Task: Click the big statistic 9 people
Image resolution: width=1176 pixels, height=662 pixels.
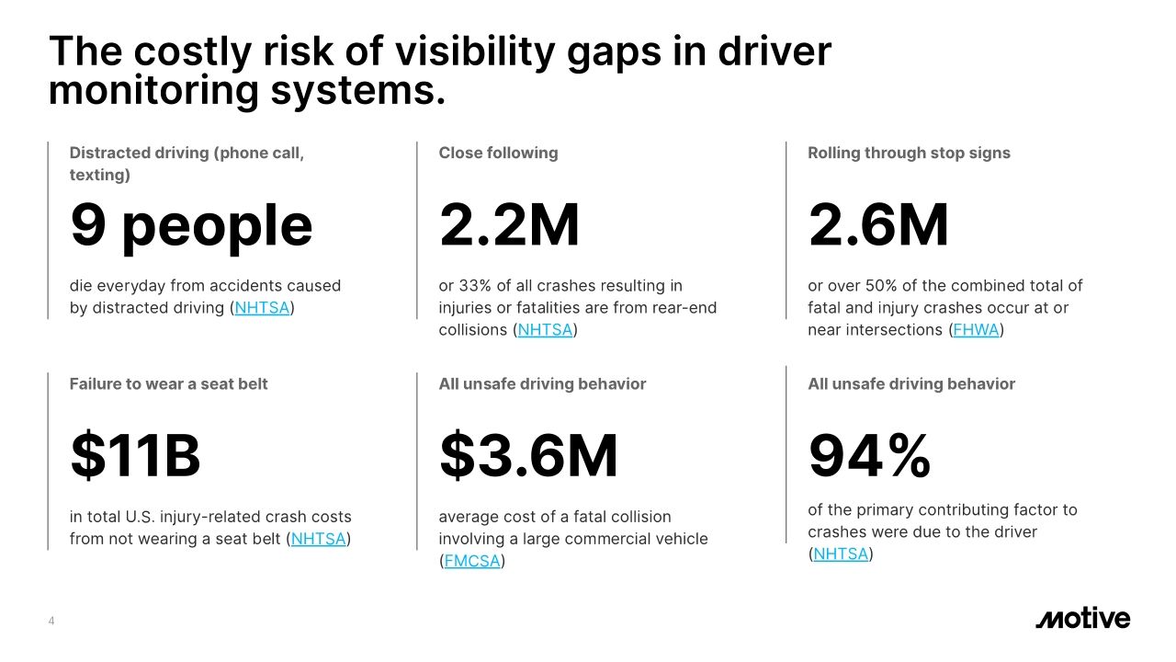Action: coord(191,226)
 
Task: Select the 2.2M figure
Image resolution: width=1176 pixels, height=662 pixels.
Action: coord(509,226)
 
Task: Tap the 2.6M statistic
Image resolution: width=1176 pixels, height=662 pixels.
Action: coord(878,226)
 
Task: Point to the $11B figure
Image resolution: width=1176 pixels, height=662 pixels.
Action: coord(135,457)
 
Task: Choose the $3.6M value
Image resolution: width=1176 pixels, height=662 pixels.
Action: coord(528,457)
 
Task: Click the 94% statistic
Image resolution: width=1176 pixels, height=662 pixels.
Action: coord(869,457)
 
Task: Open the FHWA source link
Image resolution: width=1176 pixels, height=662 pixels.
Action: coord(976,330)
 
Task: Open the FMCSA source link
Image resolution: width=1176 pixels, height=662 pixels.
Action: coord(472,561)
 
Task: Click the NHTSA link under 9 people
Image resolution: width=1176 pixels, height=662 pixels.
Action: coord(262,308)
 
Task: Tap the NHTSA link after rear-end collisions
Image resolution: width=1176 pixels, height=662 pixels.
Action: coord(545,330)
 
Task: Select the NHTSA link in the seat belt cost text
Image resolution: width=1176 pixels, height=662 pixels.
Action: coord(318,539)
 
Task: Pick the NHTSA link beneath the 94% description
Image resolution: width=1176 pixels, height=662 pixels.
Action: coord(841,554)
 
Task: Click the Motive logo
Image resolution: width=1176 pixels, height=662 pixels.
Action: coord(1082,619)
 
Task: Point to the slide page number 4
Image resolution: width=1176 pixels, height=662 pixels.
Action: coord(51,622)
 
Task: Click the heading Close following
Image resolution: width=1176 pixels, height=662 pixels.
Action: coord(498,153)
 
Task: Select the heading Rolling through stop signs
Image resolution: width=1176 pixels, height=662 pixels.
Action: coord(909,153)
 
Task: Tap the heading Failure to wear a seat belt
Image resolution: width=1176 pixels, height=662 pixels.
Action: coord(168,383)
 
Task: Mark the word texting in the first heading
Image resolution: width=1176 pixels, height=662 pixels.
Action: coord(99,174)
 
